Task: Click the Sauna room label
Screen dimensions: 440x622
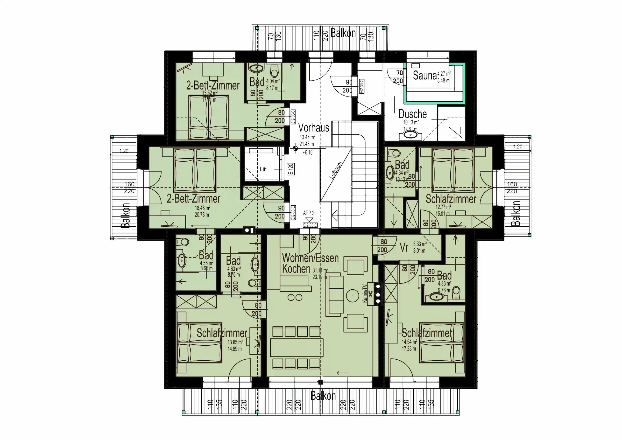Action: [x=425, y=76]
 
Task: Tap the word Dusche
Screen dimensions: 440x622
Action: [x=413, y=114]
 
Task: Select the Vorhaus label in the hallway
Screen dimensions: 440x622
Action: [x=313, y=127]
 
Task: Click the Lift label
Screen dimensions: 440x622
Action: [x=263, y=169]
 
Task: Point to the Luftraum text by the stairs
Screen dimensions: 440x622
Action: [x=336, y=170]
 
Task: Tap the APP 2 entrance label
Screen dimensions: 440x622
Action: [x=309, y=213]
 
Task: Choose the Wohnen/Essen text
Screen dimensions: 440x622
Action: [x=310, y=258]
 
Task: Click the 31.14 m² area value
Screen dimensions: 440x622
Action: [x=320, y=270]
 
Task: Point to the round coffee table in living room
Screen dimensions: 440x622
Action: [x=352, y=296]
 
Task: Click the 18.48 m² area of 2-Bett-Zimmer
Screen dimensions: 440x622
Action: [x=203, y=208]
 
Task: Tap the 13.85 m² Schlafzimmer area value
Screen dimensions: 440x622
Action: [x=235, y=342]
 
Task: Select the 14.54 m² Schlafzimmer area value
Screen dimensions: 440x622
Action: [x=409, y=342]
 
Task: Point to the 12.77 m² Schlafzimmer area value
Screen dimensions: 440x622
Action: [x=443, y=207]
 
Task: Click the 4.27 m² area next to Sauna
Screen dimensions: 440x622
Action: [x=444, y=73]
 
